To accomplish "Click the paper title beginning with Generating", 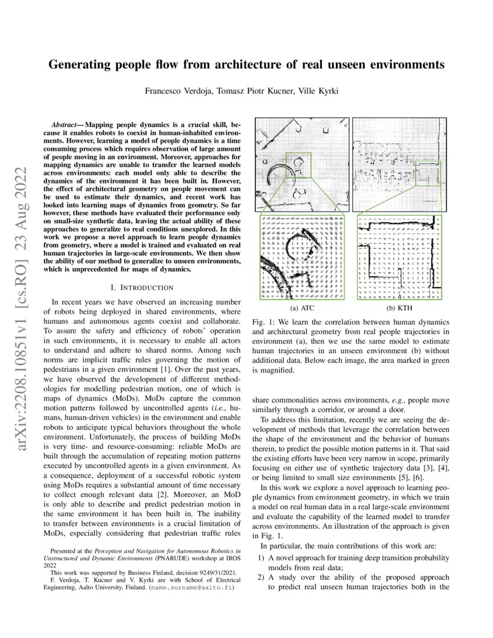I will pos(246,65).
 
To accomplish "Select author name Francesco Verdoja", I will pos(179,91).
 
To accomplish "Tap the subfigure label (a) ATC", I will pos(303,309).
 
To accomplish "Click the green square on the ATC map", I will pos(299,166).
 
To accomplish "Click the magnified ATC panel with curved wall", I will pos(303,258).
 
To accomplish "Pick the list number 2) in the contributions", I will pos(262,578).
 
